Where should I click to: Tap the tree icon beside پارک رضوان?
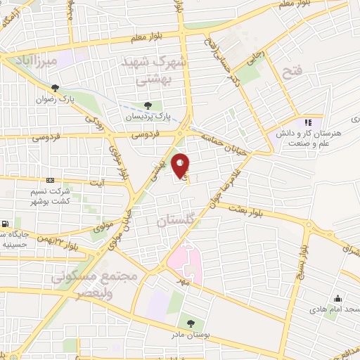coord(55,87)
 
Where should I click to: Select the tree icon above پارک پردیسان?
coord(148,105)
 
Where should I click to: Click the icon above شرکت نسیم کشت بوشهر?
coord(49,180)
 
